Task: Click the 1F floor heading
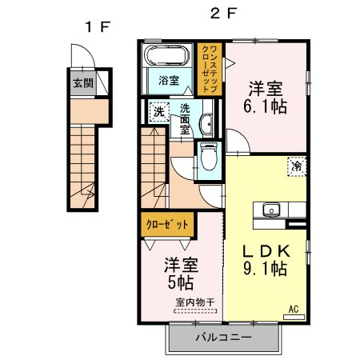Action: tap(98, 26)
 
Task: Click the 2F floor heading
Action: tap(223, 13)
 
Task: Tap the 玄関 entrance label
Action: tap(83, 83)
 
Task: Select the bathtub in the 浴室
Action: tap(167, 56)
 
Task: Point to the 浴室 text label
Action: tap(169, 80)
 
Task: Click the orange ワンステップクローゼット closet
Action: tap(210, 70)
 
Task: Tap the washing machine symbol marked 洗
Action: tap(159, 112)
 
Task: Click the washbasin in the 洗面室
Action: tap(206, 124)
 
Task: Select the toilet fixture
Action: tap(209, 157)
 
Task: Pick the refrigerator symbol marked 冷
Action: tap(297, 166)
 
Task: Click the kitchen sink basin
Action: tap(271, 210)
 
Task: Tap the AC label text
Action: tap(294, 310)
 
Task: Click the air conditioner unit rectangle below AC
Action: tap(294, 317)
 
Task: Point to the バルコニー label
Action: tap(223, 338)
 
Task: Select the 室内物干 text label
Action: tap(195, 302)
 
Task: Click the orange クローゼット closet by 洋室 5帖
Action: tap(167, 225)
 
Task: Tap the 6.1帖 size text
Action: tap(265, 106)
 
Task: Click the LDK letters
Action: tap(266, 251)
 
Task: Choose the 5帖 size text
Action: tap(181, 282)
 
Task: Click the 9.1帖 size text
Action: tap(265, 269)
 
